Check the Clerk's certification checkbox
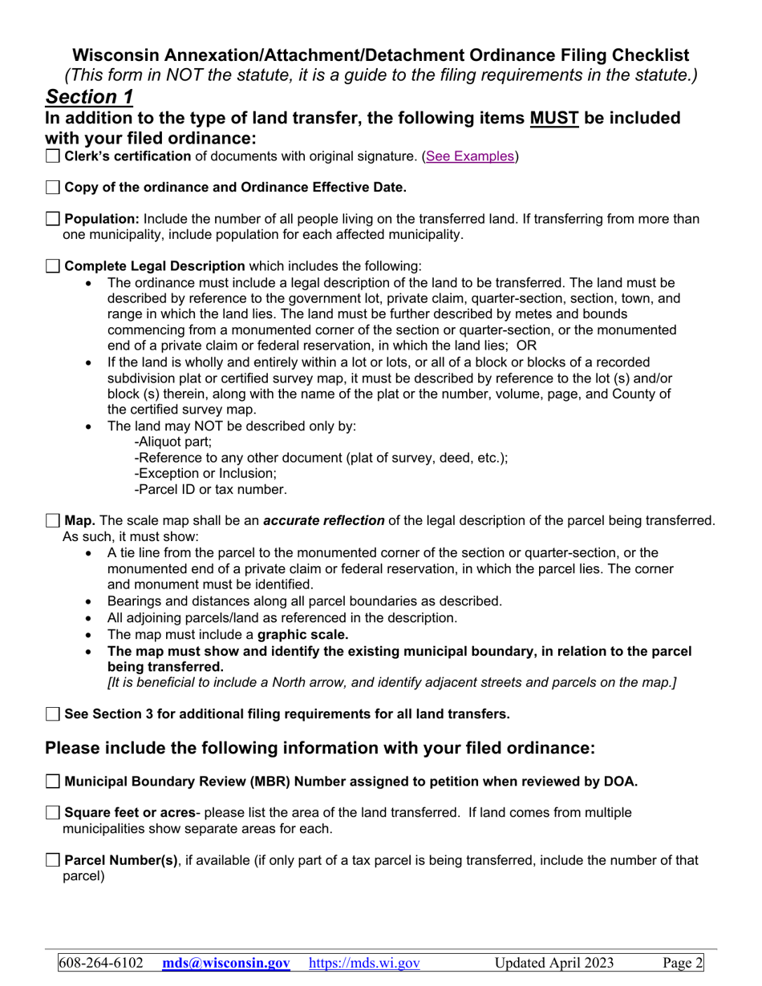point(53,157)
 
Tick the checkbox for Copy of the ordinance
point(53,188)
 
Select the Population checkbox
point(53,219)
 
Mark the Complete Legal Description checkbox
point(53,266)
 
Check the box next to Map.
point(53,521)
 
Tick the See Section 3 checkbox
point(53,713)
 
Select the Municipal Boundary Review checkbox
point(53,782)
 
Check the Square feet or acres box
point(53,813)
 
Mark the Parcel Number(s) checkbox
point(53,861)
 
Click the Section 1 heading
point(89,97)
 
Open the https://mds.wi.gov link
point(364,963)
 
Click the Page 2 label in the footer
point(683,963)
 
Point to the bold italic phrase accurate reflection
point(323,521)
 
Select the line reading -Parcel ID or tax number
point(210,489)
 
